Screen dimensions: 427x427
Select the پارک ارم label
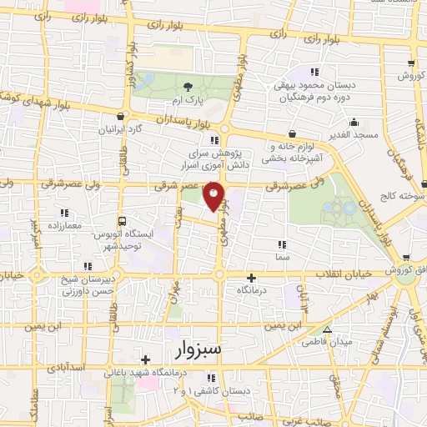188,100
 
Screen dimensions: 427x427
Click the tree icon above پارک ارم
188,86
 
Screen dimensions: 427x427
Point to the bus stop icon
123,222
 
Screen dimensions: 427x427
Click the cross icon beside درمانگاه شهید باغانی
145,359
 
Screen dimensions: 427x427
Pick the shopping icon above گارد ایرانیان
123,117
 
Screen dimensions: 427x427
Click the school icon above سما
281,245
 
